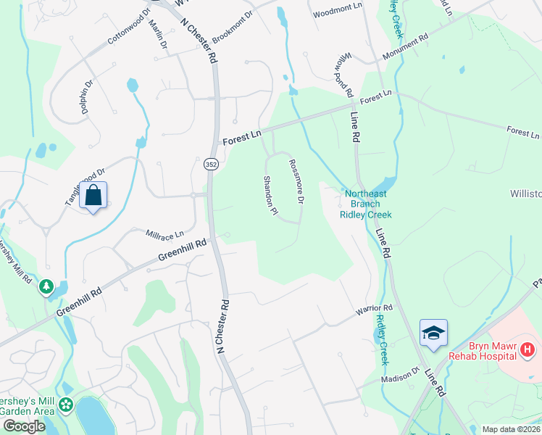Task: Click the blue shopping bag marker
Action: click(x=93, y=195)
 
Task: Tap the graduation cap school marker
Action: click(x=433, y=333)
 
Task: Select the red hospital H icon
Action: click(x=528, y=350)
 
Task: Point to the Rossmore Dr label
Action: click(x=296, y=181)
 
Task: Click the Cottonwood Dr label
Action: click(x=127, y=28)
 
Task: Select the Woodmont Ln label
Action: click(x=337, y=11)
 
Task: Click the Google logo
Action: click(x=24, y=426)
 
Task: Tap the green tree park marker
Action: click(x=47, y=287)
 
